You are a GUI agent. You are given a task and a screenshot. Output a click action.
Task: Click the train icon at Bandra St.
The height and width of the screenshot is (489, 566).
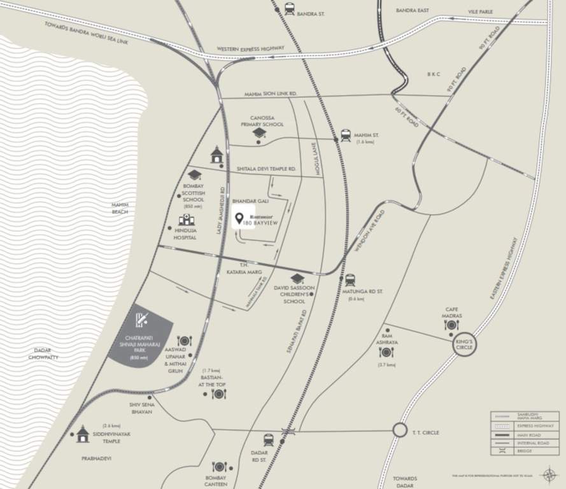tap(290, 9)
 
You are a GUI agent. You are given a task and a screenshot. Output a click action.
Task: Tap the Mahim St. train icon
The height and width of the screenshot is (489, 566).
tap(346, 135)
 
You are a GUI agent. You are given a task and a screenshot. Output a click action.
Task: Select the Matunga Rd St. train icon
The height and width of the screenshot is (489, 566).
tap(350, 280)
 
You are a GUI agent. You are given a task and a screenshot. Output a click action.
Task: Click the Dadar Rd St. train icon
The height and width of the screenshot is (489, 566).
tap(269, 439)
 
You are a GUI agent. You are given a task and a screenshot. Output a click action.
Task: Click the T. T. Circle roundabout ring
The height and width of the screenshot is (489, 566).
tap(400, 430)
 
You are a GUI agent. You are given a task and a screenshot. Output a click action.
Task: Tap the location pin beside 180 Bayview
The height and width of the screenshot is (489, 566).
tap(239, 220)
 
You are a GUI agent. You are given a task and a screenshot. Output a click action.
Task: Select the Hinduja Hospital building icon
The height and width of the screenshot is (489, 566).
tap(186, 220)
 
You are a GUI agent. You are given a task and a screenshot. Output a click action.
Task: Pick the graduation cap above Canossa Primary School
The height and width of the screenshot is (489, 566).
tap(258, 133)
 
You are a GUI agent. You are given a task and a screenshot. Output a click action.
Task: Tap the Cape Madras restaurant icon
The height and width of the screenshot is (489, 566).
tap(451, 325)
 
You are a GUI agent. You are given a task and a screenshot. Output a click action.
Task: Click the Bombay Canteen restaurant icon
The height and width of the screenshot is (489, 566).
tap(220, 467)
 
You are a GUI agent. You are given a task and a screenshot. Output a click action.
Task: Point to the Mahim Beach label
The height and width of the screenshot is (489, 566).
tap(120, 208)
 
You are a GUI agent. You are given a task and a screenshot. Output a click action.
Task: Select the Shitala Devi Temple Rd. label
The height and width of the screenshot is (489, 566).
tap(266, 169)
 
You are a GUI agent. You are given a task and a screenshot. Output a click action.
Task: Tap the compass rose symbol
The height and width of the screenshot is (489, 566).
tap(549, 474)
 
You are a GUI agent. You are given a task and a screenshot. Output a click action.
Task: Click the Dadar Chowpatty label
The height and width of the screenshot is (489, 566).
tap(43, 354)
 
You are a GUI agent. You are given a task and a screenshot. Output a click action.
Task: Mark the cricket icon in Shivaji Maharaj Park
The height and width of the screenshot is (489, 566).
tap(142, 319)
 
